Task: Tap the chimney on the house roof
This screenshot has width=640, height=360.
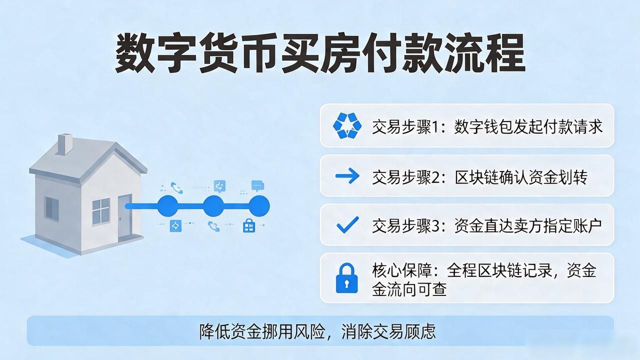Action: tap(65, 144)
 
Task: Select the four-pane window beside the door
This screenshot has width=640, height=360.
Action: tap(101, 211)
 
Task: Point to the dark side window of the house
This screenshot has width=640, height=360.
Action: tap(52, 208)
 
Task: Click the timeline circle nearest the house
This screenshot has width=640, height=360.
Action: tap(168, 206)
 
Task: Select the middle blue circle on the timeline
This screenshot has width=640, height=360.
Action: tap(213, 206)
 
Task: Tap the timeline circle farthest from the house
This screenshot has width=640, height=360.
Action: tap(259, 206)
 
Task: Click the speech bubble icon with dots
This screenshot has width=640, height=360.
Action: tap(257, 185)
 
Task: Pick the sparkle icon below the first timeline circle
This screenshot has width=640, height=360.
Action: tap(175, 226)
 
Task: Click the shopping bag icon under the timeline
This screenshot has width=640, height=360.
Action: tap(249, 225)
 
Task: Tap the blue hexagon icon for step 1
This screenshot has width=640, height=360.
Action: tap(347, 125)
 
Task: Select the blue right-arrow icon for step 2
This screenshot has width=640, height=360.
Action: tap(347, 175)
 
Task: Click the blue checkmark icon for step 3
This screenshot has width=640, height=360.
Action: tap(347, 225)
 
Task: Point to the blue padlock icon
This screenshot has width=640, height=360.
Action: tap(346, 278)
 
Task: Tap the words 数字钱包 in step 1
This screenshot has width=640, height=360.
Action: tap(483, 127)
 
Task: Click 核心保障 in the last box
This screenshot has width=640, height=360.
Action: tap(402, 270)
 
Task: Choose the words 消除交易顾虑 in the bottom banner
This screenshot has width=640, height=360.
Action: tap(388, 331)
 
